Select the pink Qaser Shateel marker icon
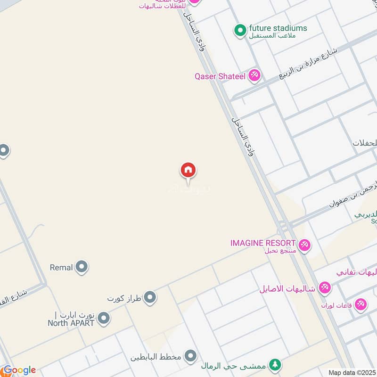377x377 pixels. click(x=254, y=75)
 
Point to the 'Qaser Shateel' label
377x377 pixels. click(x=220, y=76)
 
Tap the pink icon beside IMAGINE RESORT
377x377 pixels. click(x=304, y=245)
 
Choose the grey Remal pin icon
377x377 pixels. click(x=82, y=267)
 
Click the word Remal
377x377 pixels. click(x=61, y=268)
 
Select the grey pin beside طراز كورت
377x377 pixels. click(x=150, y=297)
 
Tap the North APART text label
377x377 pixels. click(x=71, y=323)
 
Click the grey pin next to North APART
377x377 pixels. click(x=104, y=319)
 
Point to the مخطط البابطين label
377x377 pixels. click(x=156, y=357)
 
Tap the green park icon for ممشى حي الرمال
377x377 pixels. click(x=275, y=364)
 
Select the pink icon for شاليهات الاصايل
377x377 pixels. click(x=325, y=287)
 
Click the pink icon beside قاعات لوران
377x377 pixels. click(x=361, y=304)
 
